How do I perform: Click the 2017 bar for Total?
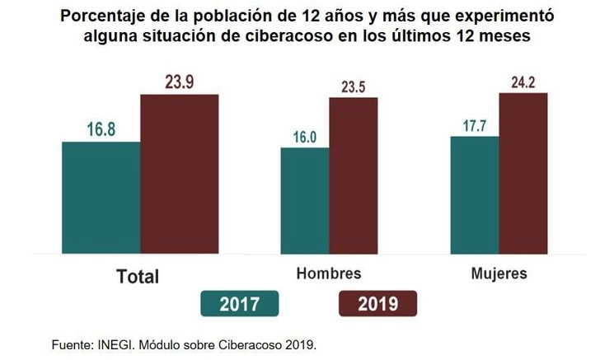point(101,195)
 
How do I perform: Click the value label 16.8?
point(102,129)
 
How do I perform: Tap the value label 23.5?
point(353,85)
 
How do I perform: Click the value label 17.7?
point(475,124)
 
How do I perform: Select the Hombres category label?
point(328,273)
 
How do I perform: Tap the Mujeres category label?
point(498,273)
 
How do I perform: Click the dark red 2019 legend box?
point(377,304)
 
